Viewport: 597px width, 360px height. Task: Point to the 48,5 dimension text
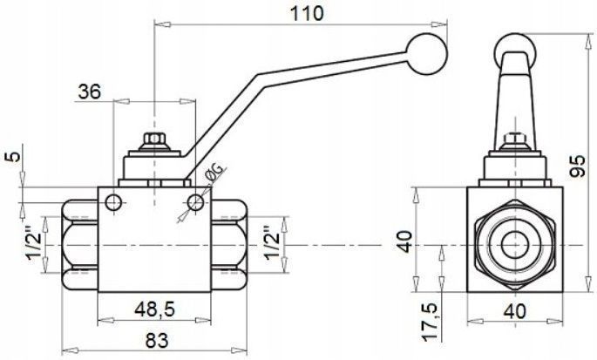pos(154,309)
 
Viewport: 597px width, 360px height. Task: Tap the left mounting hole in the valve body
pos(113,203)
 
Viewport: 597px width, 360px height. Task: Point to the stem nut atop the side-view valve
pos(155,141)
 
